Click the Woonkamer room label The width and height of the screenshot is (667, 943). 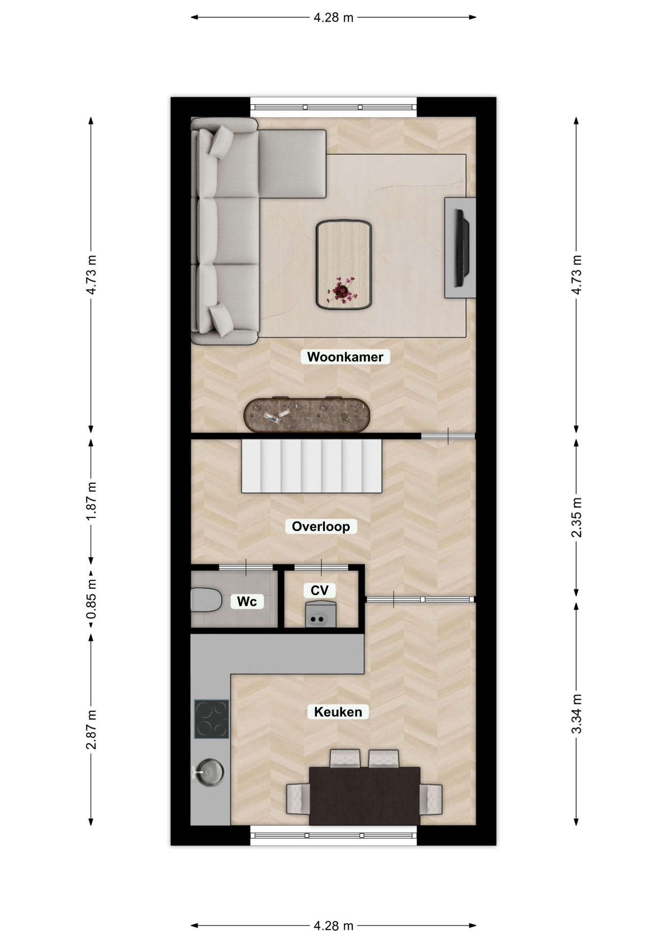[345, 357]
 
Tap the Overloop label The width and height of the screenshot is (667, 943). [321, 527]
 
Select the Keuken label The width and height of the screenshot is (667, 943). [338, 712]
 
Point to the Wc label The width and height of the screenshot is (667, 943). [247, 602]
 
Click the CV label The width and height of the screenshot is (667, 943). [319, 590]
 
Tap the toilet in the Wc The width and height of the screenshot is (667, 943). [206, 600]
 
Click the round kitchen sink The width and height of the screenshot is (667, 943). [209, 772]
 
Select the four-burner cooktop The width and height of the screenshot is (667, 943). [212, 719]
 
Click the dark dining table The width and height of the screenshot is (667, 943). [364, 796]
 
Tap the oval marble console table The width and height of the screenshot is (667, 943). [307, 415]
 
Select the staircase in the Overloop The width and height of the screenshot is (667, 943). [311, 466]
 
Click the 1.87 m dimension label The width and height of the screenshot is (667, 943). [91, 501]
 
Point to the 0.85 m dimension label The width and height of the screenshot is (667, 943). [91, 599]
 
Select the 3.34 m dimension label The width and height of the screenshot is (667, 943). [577, 714]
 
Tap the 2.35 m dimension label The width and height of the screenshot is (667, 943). [577, 517]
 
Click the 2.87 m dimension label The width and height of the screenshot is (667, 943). [91, 729]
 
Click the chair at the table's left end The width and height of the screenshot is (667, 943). [298, 799]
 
